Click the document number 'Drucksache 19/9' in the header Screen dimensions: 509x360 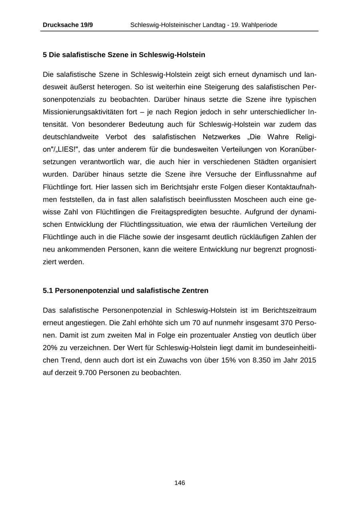pos(68,25)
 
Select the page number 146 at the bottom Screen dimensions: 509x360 pos(180,483)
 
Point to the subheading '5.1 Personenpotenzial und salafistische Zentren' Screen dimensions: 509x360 pos(126,291)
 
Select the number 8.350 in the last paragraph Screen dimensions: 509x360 pos(262,360)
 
